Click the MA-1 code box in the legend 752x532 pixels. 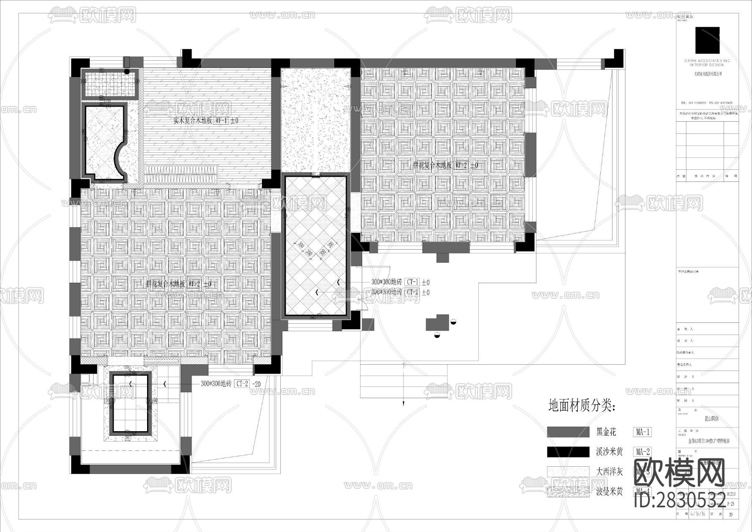point(642,432)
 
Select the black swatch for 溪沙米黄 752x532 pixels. point(568,452)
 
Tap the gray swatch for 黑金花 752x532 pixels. point(568,432)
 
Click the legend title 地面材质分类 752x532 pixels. point(582,405)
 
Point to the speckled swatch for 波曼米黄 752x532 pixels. point(568,492)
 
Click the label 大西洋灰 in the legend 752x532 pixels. point(609,472)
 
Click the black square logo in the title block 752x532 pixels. point(707,41)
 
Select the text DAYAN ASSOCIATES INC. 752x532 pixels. point(707,61)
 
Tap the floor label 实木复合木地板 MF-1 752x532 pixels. point(206,120)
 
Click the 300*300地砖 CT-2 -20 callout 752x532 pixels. point(231,384)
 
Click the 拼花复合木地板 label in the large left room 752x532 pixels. point(165,284)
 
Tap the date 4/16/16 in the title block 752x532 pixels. point(698,514)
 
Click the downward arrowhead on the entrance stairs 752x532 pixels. point(404,404)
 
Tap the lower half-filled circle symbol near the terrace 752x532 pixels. point(437,335)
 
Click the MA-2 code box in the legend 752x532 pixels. point(642,452)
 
